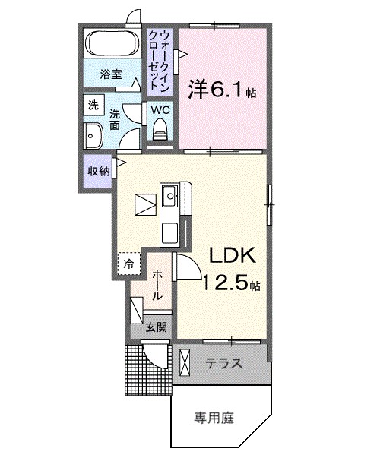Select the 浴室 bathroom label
click(111, 74)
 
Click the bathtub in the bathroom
click(111, 44)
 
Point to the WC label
click(160, 110)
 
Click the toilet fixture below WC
click(160, 132)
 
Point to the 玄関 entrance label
click(157, 328)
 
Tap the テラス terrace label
click(223, 364)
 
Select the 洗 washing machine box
click(93, 106)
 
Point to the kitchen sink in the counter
click(169, 199)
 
